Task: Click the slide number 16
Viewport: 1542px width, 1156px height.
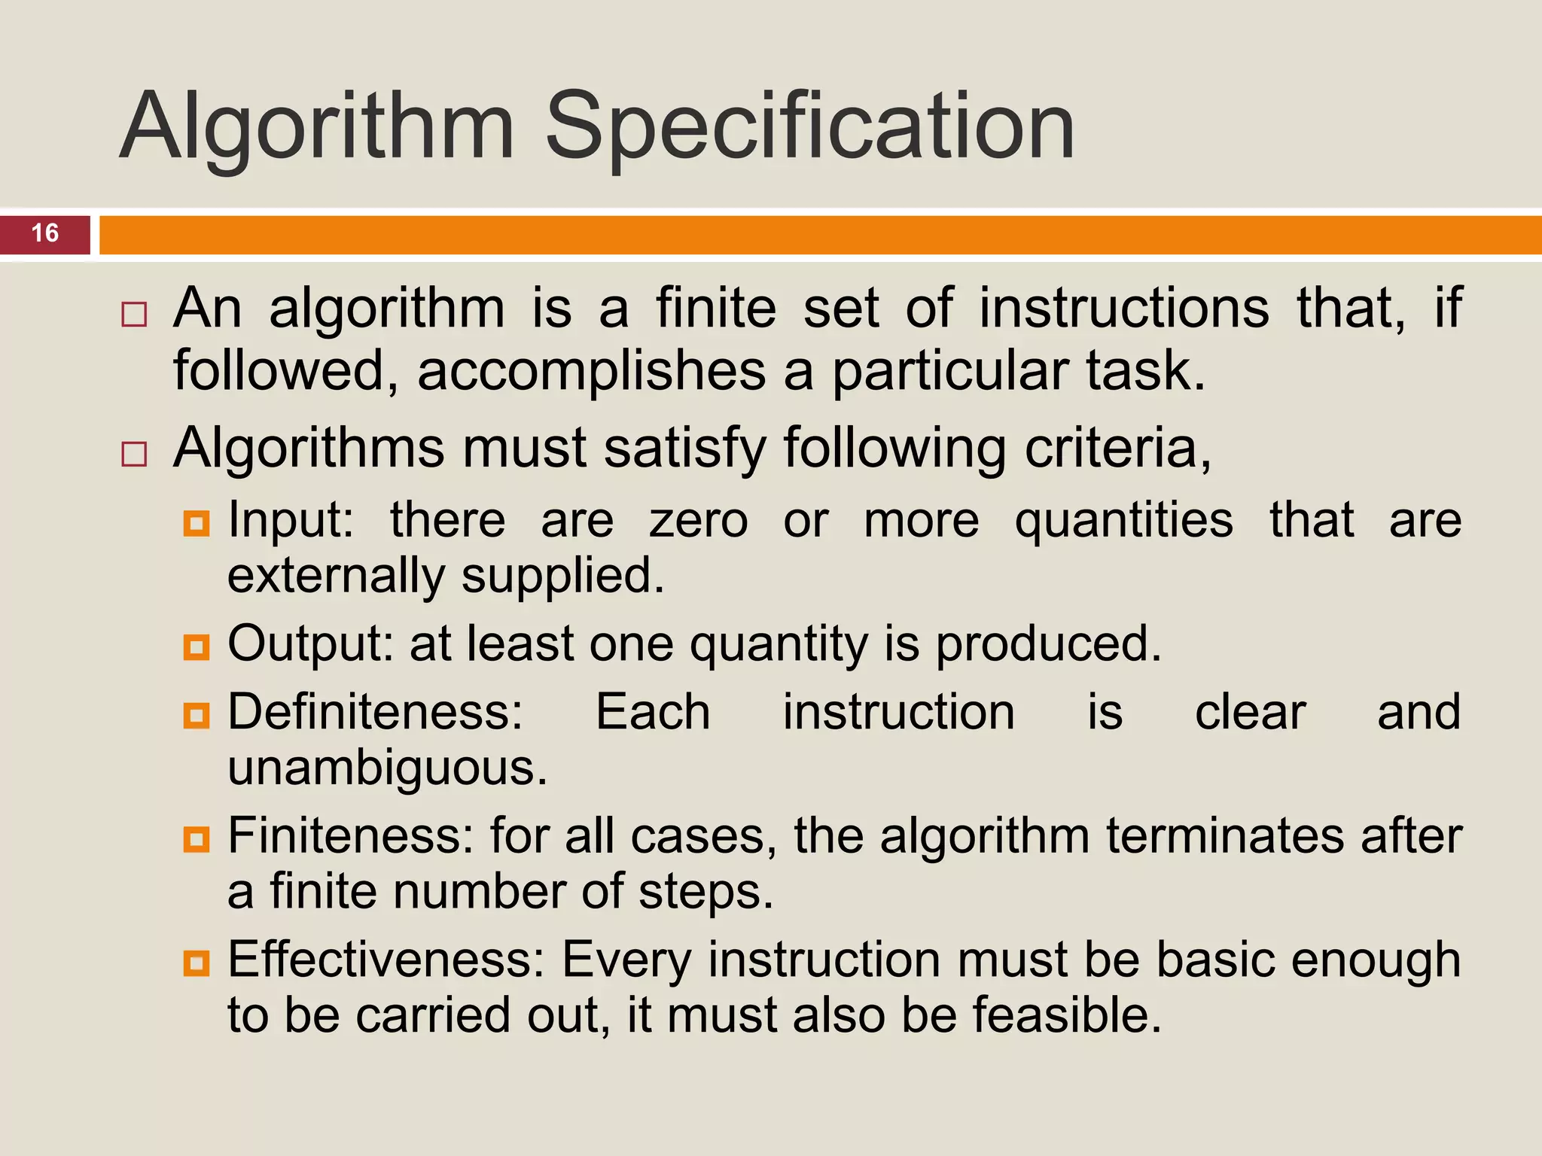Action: (x=45, y=233)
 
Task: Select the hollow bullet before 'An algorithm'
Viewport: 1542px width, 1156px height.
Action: (x=134, y=314)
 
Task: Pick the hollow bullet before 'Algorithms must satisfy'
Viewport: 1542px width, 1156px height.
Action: (x=134, y=454)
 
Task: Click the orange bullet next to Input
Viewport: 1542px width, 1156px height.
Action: (x=197, y=523)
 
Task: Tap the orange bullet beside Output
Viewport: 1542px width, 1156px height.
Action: (x=197, y=646)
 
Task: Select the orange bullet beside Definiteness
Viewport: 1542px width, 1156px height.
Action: (x=197, y=715)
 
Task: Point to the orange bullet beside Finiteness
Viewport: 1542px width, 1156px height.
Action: (x=197, y=838)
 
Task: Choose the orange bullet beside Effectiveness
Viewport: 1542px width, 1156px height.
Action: (x=197, y=963)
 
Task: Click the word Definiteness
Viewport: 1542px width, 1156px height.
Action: (x=375, y=712)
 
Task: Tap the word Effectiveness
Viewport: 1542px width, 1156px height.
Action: (x=386, y=960)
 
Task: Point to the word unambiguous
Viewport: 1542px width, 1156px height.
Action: (x=387, y=769)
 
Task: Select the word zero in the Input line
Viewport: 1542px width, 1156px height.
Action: (x=699, y=521)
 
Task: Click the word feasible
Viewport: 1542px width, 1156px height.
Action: (x=1066, y=1015)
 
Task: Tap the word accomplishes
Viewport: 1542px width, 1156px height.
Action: (x=591, y=371)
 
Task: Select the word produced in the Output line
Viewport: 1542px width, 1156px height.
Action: (x=1048, y=644)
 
